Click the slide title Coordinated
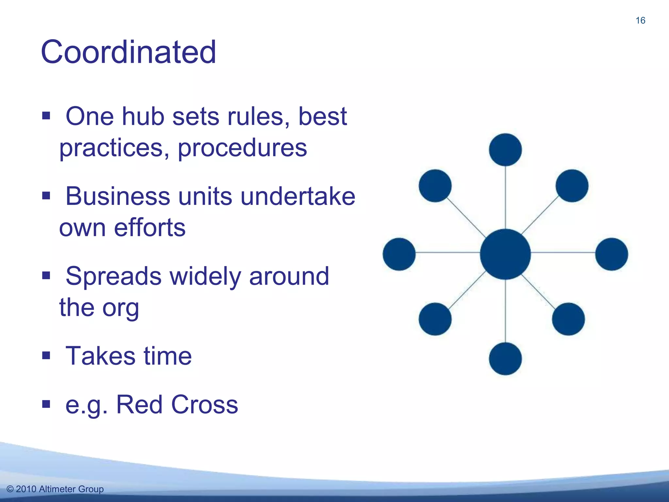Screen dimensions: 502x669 [128, 52]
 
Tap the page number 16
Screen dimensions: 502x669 [640, 21]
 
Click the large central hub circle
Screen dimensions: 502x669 [505, 254]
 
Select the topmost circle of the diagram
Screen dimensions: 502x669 [505, 150]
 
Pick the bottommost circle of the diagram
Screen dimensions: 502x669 [505, 359]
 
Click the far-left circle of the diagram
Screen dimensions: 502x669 [399, 254]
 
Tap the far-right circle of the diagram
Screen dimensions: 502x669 [612, 254]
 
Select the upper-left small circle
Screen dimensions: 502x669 [435, 186]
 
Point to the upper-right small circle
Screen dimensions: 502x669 [572, 186]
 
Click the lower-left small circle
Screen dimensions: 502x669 [435, 319]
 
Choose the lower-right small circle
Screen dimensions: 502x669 [568, 319]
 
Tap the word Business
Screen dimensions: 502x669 [118, 196]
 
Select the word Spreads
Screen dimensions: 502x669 [113, 276]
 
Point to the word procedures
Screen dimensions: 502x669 [242, 148]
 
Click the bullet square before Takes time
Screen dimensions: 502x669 [46, 355]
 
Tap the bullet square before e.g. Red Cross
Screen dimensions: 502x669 [46, 404]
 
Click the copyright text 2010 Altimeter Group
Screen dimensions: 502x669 [55, 489]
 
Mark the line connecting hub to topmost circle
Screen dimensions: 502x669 [505, 198]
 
